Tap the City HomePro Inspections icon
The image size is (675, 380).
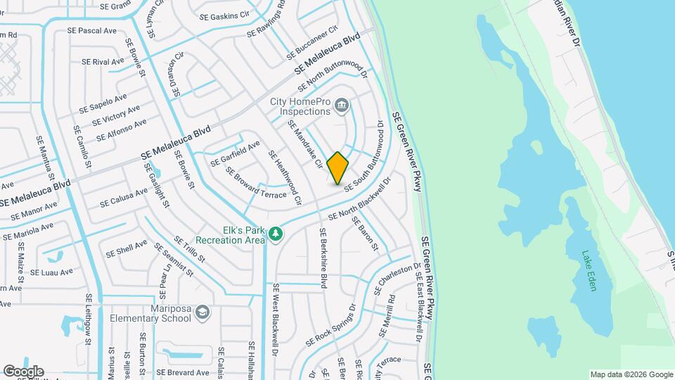pyautogui.click(x=342, y=106)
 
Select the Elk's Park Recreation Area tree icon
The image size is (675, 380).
pyautogui.click(x=277, y=232)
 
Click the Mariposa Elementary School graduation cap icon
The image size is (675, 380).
pyautogui.click(x=202, y=312)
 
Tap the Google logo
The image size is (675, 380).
pyautogui.click(x=23, y=372)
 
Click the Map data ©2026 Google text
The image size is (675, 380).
pyautogui.click(x=630, y=374)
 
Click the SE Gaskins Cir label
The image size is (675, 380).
pyautogui.click(x=225, y=15)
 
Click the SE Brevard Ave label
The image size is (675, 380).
pyautogui.click(x=183, y=372)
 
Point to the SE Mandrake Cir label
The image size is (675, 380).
pyautogui.click(x=305, y=144)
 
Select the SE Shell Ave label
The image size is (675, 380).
pyautogui.click(x=127, y=248)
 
